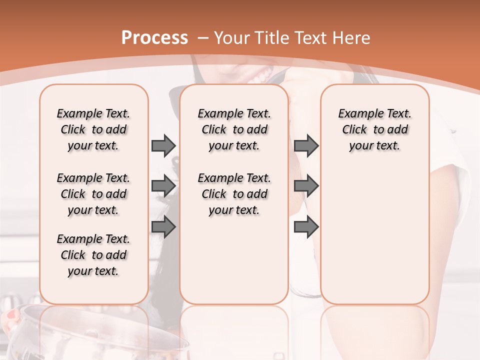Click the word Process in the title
coord(154,38)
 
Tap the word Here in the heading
coord(352,38)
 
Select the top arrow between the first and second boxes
coord(163,145)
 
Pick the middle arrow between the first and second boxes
coord(163,186)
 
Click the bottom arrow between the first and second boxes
coord(163,227)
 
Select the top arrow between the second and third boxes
coord(306,145)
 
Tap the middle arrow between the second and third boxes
coord(306,186)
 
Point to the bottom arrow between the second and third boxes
coord(306,227)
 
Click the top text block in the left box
coord(93,129)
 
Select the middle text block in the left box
coord(93,194)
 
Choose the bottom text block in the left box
coord(93,255)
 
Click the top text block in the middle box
coord(234,129)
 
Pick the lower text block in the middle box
coord(234,194)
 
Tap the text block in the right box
coord(374,129)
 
